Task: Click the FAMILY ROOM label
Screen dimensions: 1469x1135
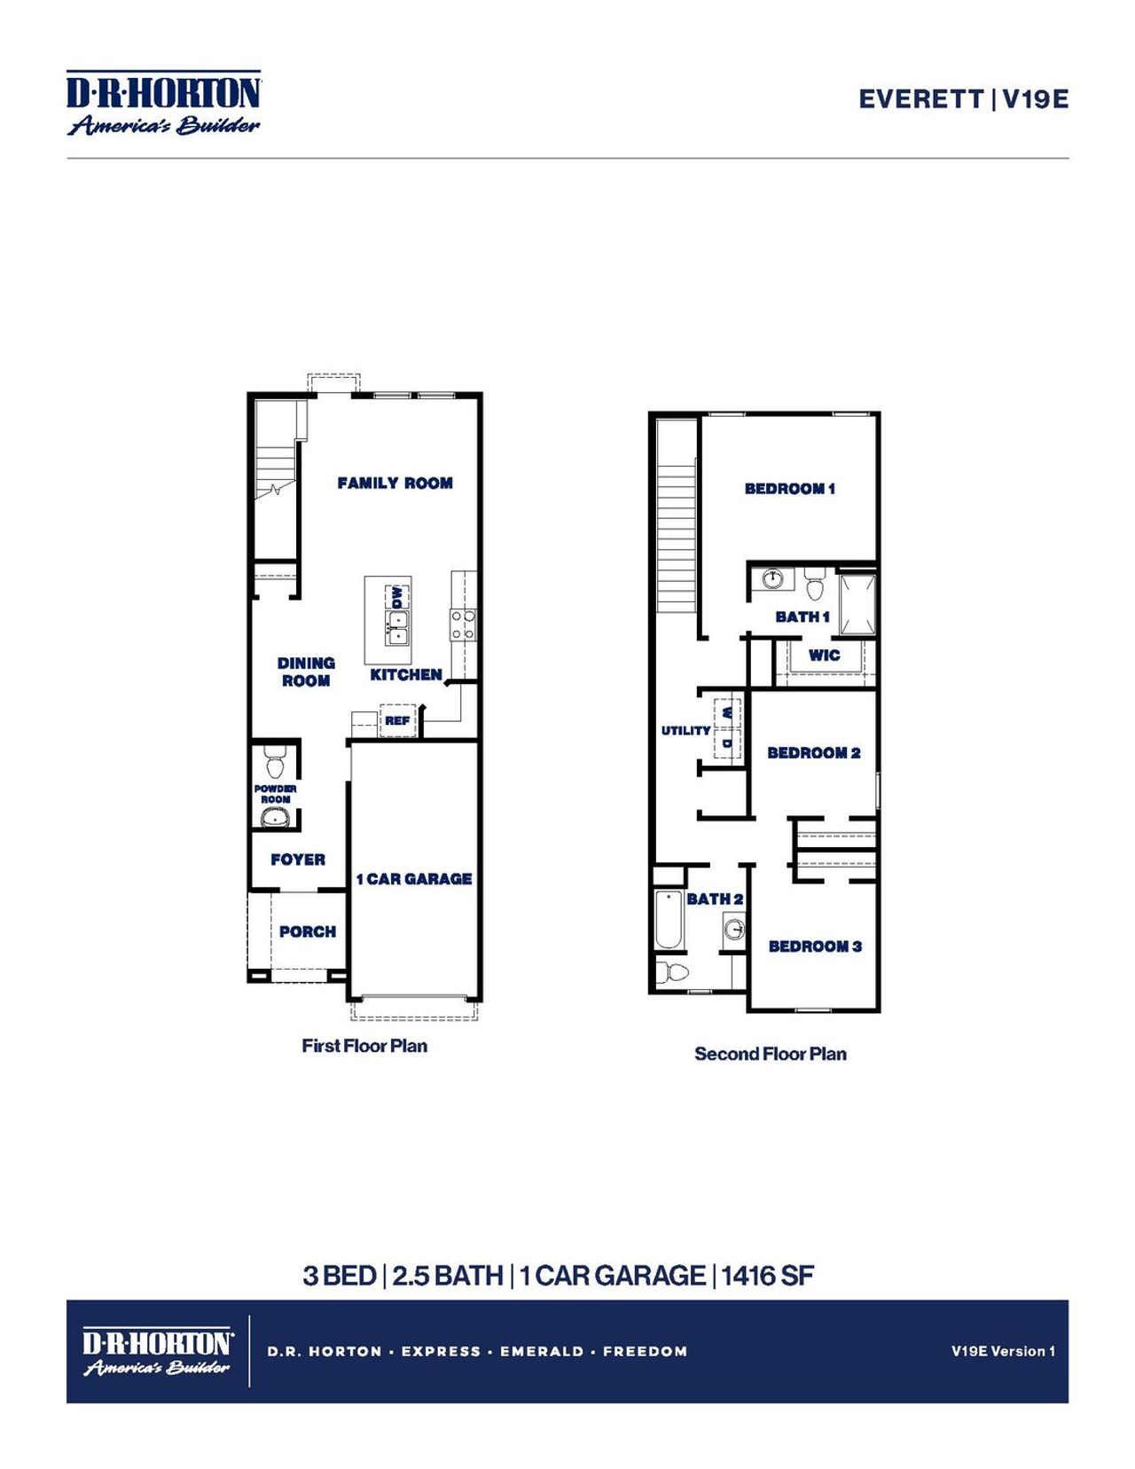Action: (395, 483)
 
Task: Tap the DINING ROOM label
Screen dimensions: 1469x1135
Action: (306, 672)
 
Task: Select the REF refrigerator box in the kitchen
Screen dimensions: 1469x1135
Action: (397, 720)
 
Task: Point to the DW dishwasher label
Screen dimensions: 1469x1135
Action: (396, 596)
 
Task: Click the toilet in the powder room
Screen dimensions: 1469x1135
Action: (274, 764)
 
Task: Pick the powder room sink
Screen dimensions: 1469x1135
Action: (276, 817)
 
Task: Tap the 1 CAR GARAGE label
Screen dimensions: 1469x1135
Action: (414, 879)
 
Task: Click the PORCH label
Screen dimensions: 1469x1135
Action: (308, 931)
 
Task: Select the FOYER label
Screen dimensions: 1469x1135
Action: (298, 860)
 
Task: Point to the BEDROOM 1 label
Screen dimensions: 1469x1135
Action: (789, 489)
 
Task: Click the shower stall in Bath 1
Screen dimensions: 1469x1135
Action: (857, 605)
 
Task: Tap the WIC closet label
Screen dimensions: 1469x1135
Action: (824, 656)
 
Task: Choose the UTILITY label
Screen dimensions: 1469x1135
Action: (685, 731)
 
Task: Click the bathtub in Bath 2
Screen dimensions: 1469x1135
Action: (668, 919)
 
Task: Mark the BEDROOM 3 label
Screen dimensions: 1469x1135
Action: (815, 947)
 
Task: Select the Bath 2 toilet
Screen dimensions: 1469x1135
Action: (673, 972)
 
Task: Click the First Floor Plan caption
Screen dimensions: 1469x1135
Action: (364, 1046)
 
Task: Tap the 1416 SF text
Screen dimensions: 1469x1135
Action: (767, 1276)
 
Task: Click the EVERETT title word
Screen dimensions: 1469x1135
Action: (920, 98)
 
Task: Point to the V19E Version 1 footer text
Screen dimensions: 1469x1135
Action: (1003, 1351)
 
